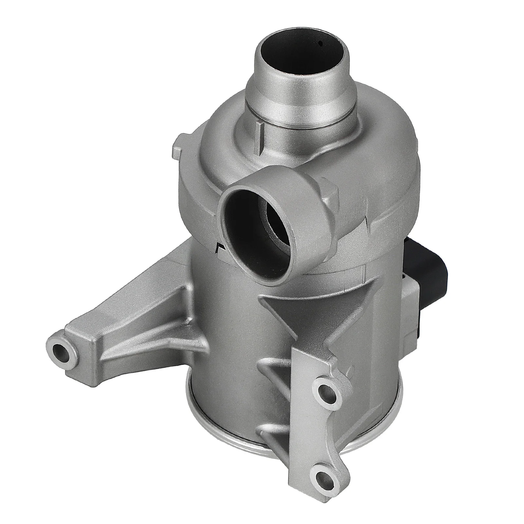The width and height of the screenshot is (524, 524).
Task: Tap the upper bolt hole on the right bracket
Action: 324,390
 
